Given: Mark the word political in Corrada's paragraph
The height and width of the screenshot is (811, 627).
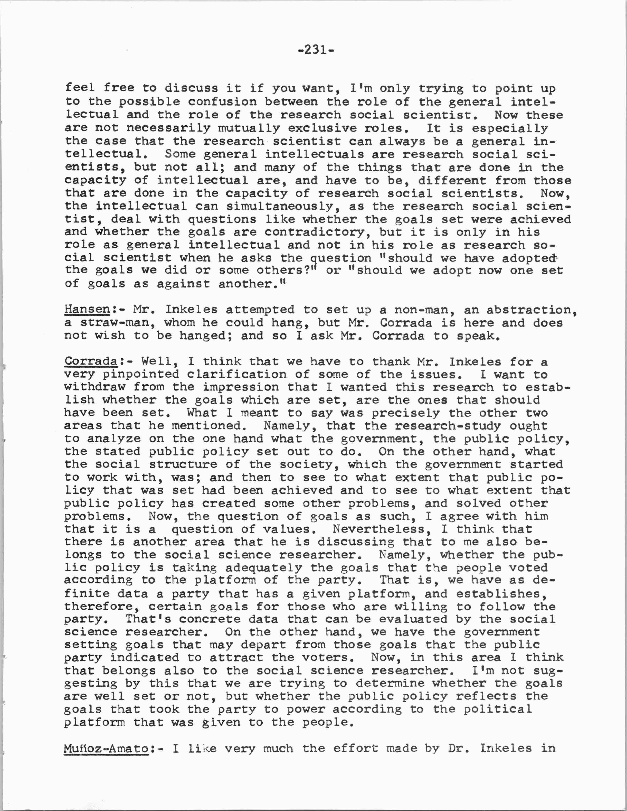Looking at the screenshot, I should [x=497, y=709].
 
